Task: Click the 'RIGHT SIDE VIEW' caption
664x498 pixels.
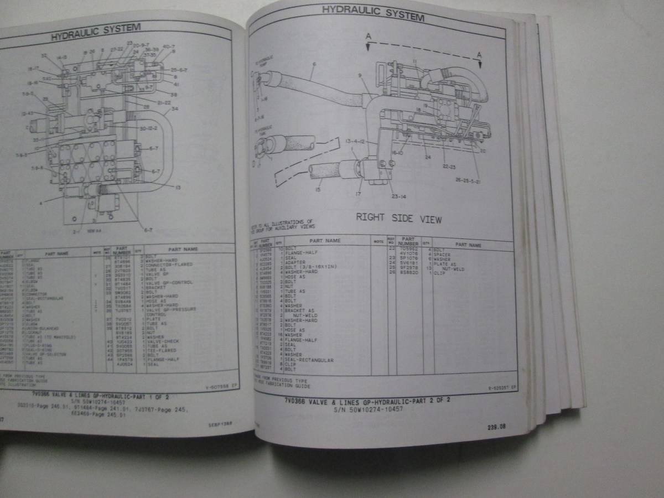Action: pos(398,218)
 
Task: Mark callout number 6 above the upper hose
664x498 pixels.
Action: pos(314,65)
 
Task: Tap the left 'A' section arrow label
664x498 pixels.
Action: pos(367,37)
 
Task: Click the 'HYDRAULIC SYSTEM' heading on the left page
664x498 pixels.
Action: pos(95,33)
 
